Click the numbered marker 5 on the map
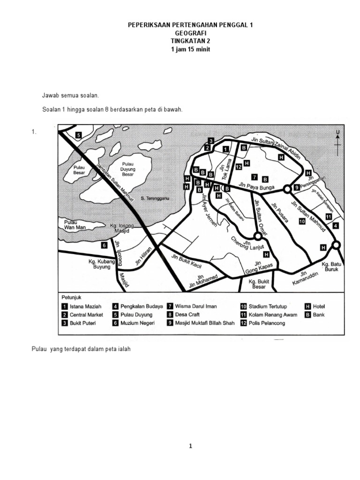[x=79, y=135]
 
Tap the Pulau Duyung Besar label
[x=127, y=169]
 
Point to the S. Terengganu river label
[x=151, y=199]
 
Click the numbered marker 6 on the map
[x=104, y=245]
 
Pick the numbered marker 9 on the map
[x=296, y=187]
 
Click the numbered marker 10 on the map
[x=301, y=221]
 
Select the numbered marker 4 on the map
[x=336, y=226]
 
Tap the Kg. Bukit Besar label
[x=259, y=284]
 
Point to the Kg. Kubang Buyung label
[x=100, y=264]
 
